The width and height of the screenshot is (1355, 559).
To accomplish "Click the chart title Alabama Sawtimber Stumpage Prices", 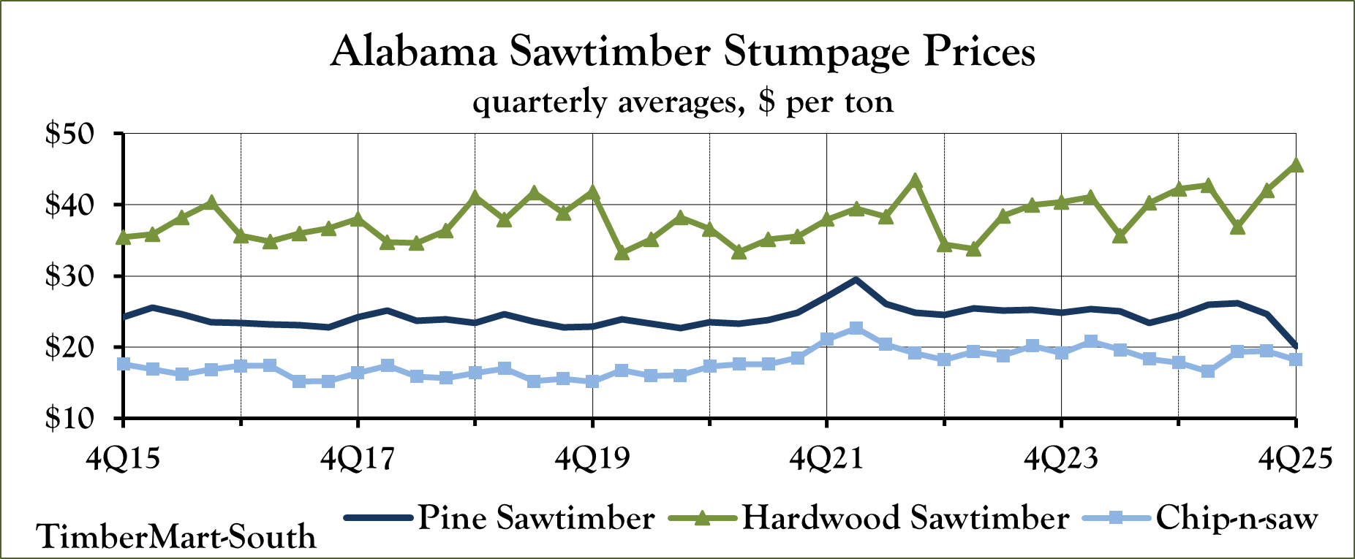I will [x=682, y=53].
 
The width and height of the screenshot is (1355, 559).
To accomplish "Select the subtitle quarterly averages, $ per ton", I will [x=682, y=102].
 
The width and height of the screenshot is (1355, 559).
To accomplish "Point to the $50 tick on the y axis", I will [x=69, y=134].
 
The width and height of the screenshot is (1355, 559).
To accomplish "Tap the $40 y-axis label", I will [x=69, y=205].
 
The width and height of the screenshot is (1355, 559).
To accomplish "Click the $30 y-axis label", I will [x=69, y=276].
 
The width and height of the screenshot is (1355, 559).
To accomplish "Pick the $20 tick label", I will [x=69, y=347].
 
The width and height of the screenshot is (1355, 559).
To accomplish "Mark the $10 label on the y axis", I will [x=69, y=418].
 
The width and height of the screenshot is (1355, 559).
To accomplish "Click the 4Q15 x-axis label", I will [x=122, y=459].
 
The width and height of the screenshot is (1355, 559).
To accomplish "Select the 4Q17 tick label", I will [x=357, y=459].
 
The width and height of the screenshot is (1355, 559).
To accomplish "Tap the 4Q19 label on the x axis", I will [x=592, y=459].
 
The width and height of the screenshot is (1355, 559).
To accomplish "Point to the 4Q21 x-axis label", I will [x=826, y=459].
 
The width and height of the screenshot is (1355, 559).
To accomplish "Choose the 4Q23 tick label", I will [x=1061, y=459].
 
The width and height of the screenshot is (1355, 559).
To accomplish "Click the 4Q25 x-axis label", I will [x=1295, y=459].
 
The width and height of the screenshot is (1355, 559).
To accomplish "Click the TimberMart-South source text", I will [x=176, y=537].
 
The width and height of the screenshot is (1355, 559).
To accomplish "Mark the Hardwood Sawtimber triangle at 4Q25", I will [x=1296, y=165].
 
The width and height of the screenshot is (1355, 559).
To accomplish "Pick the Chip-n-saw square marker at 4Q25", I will [x=1296, y=360].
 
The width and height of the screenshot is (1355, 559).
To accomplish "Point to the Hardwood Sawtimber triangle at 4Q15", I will [x=123, y=237].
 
